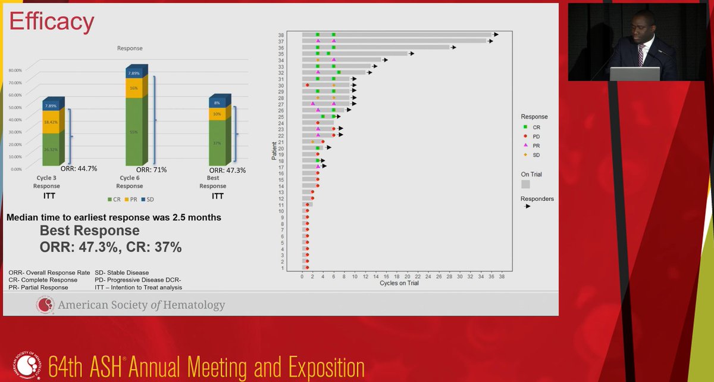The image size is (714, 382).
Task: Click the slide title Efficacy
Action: (x=51, y=21)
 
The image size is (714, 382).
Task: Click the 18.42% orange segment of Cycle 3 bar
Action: (x=51, y=122)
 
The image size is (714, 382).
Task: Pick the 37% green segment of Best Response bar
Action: (x=217, y=143)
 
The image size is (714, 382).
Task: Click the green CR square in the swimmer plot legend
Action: (x=525, y=128)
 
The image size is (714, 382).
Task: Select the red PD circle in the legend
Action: (x=525, y=136)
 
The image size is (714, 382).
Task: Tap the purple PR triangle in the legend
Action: (x=525, y=145)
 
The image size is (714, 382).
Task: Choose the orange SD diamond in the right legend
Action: (x=525, y=155)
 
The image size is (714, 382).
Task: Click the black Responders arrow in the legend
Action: (x=527, y=206)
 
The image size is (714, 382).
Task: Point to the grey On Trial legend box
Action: (x=525, y=184)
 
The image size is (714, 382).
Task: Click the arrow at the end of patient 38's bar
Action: (x=496, y=35)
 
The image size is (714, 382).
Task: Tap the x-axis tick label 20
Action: (x=407, y=277)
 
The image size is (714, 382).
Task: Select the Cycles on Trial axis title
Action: (x=399, y=283)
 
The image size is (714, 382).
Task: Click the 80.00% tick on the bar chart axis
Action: (x=14, y=70)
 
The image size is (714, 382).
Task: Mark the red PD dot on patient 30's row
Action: (x=307, y=85)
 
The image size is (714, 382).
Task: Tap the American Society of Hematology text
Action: (x=141, y=306)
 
